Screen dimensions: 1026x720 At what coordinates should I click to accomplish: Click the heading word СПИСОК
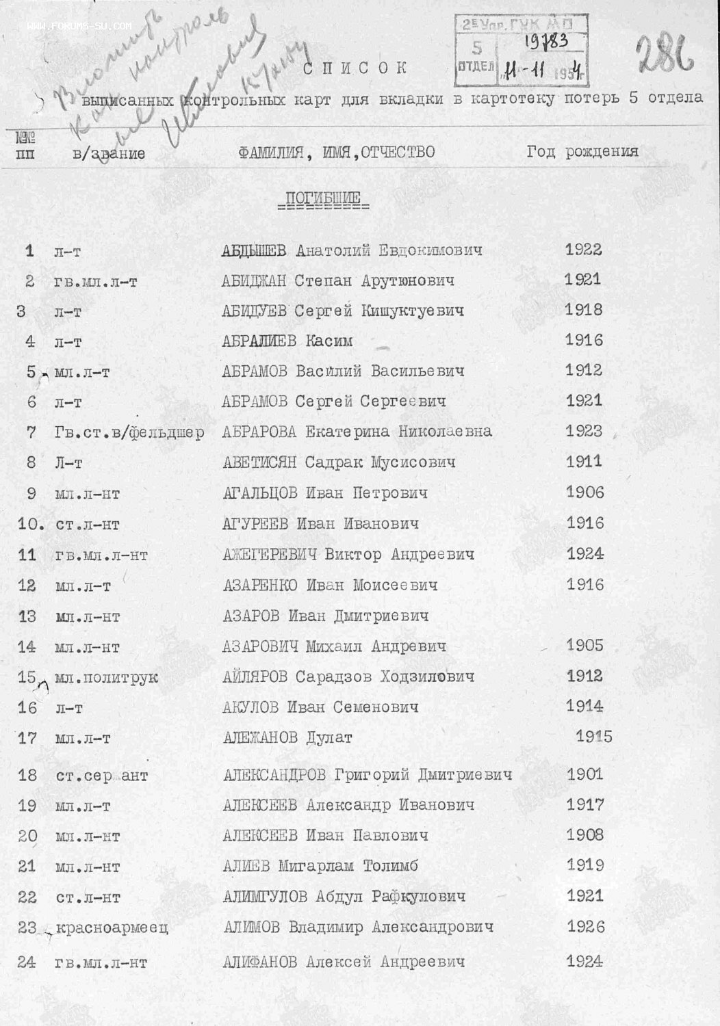tap(355, 68)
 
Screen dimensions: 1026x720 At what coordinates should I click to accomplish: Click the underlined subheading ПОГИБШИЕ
tap(322, 199)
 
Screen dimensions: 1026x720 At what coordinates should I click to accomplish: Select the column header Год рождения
tap(582, 151)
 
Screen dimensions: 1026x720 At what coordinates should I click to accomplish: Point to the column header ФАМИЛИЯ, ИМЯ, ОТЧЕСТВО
tap(337, 152)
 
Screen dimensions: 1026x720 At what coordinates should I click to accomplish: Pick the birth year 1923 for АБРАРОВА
tap(584, 431)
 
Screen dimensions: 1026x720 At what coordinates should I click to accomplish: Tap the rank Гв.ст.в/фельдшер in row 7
tap(129, 433)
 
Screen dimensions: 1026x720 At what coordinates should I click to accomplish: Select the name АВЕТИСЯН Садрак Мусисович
tap(338, 462)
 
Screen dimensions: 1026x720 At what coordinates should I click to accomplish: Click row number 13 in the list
tap(27, 616)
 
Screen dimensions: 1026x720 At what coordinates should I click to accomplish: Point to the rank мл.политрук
tap(107, 678)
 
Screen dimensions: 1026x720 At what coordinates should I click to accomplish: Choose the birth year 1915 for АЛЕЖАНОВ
tap(593, 737)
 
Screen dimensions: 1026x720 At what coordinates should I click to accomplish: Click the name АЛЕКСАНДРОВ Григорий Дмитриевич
tap(368, 775)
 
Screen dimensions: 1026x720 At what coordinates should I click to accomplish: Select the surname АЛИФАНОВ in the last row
tap(259, 962)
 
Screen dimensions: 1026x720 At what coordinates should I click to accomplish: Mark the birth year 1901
tap(584, 774)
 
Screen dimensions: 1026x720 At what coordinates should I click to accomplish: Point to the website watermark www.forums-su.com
tap(79, 27)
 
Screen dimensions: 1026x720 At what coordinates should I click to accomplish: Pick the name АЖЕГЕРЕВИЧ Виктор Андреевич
tap(348, 554)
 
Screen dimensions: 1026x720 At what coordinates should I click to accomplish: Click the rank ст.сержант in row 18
tap(102, 776)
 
